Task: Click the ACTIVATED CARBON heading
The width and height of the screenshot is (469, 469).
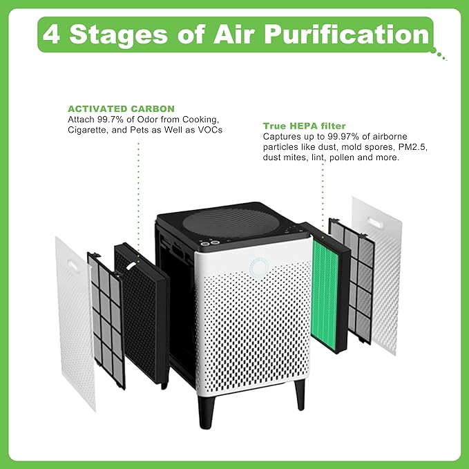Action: (120, 108)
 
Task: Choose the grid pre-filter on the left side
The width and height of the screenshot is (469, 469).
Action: (106, 307)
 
